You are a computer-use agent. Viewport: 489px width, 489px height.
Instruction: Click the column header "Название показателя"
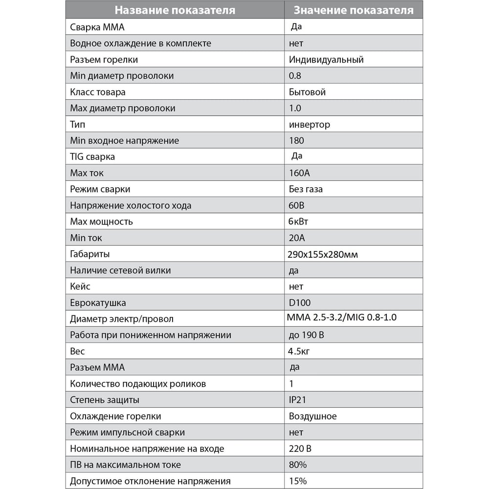click(x=175, y=10)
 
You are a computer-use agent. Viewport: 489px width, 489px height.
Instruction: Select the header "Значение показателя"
click(x=353, y=10)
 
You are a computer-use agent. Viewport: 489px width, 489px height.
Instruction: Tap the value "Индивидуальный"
click(x=326, y=60)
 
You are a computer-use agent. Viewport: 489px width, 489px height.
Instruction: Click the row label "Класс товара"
click(x=98, y=92)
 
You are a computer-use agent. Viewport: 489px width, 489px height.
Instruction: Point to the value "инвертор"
click(x=310, y=124)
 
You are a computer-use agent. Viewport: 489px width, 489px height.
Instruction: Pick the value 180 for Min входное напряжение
click(x=296, y=140)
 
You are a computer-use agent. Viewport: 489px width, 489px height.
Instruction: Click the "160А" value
click(x=299, y=173)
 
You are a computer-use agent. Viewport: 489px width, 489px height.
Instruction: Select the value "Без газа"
click(x=306, y=189)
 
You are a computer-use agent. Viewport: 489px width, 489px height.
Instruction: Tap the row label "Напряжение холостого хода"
click(x=131, y=205)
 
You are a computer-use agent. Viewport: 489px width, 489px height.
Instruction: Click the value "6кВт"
click(x=299, y=222)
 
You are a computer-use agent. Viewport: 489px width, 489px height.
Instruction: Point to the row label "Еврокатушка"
click(x=98, y=303)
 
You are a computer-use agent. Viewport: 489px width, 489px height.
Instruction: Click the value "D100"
click(x=300, y=303)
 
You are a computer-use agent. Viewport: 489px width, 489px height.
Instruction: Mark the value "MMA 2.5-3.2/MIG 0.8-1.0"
click(x=342, y=318)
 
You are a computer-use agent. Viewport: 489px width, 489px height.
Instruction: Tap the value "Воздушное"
click(x=313, y=416)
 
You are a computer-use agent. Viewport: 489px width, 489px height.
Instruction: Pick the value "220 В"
click(x=300, y=448)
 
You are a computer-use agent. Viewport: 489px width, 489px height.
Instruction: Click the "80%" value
click(x=297, y=465)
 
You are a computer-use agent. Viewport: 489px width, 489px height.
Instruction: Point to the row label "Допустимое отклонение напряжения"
click(x=150, y=481)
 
